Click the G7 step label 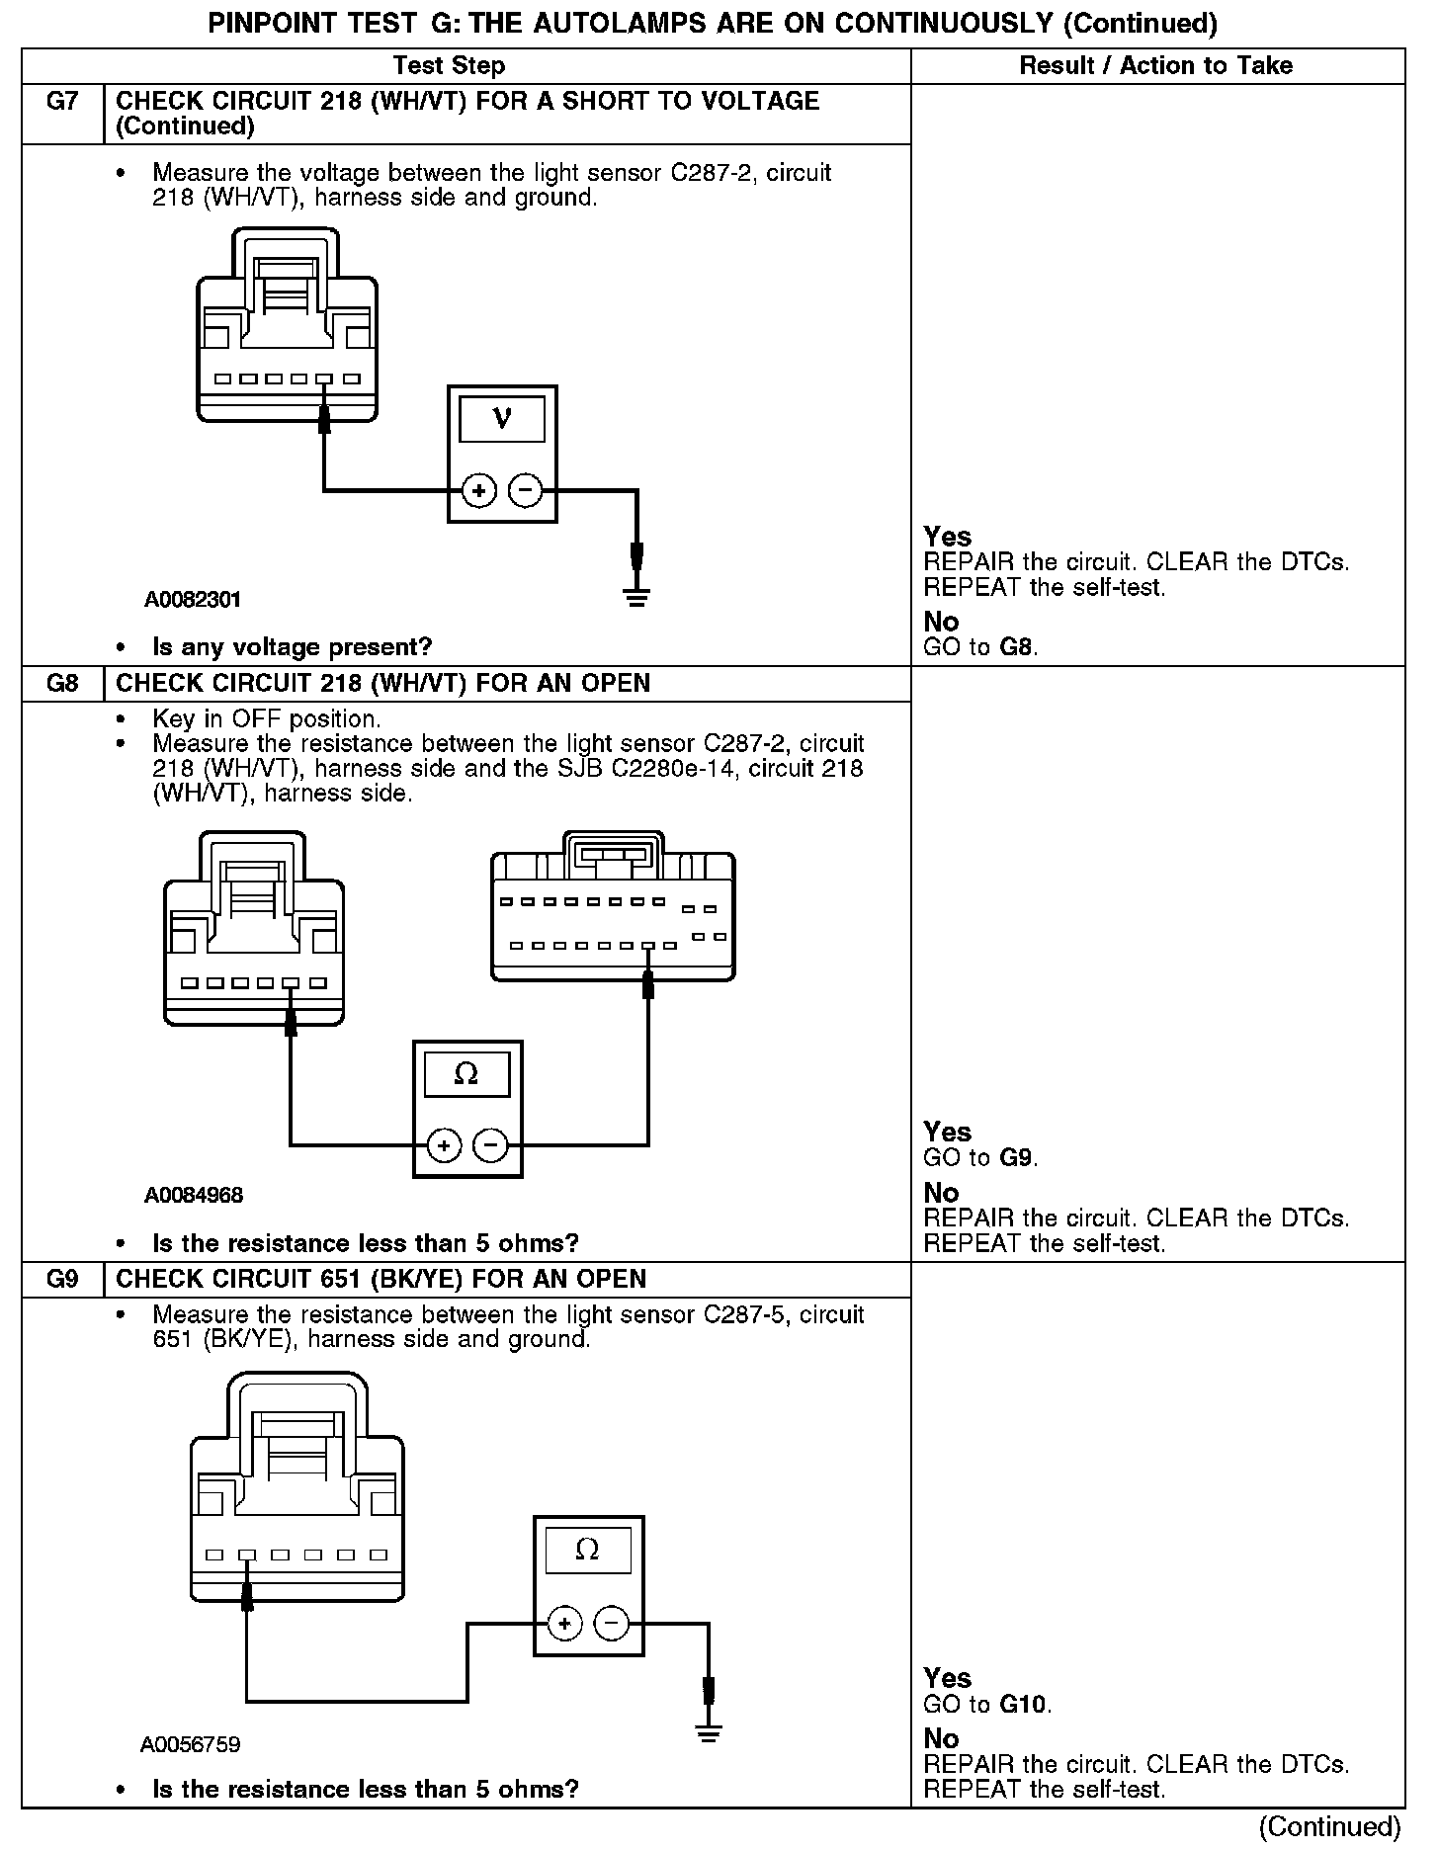(x=61, y=102)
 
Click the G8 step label (x=61, y=684)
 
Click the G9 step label (x=61, y=1280)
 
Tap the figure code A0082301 (x=192, y=600)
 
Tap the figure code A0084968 (x=194, y=1196)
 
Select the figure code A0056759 (x=190, y=1744)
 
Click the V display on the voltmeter (x=502, y=419)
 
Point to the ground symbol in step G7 (x=636, y=595)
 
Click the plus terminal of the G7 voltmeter (x=479, y=490)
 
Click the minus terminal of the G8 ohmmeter (x=491, y=1145)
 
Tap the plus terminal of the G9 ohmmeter (x=564, y=1624)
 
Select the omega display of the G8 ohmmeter (x=466, y=1074)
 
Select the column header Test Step (x=449, y=66)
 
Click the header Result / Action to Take (x=1155, y=66)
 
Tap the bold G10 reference (x=1024, y=1704)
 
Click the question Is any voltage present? (x=293, y=647)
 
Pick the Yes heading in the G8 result (x=947, y=1132)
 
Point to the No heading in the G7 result (x=941, y=622)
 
